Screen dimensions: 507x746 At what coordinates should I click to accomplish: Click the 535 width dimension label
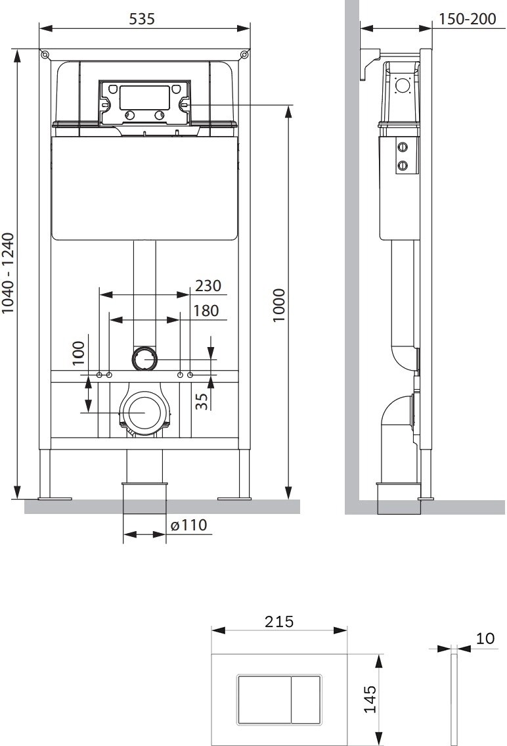coord(142,18)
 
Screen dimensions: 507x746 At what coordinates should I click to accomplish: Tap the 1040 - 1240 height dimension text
coord(9,273)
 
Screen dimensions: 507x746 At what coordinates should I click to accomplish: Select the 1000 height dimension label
coord(279,305)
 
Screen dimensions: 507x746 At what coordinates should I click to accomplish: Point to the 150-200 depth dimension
coord(467,18)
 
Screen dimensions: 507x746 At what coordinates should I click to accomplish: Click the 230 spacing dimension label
coord(208,285)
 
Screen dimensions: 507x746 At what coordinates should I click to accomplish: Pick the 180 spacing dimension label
coord(206,311)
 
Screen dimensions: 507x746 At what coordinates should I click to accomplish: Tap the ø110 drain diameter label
coord(188,525)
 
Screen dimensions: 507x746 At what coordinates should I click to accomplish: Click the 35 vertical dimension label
coord(202,400)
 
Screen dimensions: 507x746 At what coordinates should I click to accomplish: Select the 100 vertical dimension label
coord(78,352)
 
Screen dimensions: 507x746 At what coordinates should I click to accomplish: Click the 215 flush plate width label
coord(279,622)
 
